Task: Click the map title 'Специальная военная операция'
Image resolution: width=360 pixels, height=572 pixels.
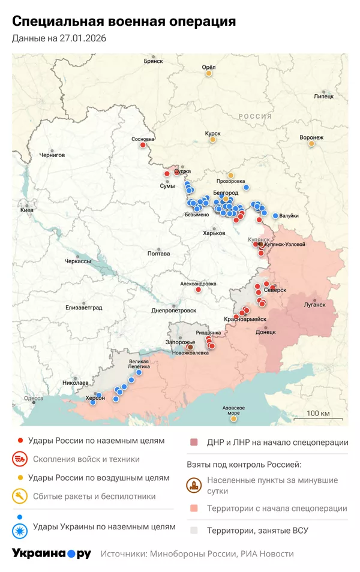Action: coord(124,22)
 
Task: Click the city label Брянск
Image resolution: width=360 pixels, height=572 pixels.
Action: coord(154,61)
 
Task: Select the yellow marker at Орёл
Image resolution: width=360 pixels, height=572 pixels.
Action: coord(209,74)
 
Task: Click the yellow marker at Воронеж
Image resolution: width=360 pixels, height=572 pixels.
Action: coord(311,143)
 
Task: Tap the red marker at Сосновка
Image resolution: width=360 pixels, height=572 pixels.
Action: coord(143,144)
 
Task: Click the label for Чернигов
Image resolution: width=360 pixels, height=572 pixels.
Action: coord(52,155)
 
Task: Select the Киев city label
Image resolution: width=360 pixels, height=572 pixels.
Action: coord(27,210)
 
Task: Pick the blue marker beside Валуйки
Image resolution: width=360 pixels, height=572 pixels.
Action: coord(275,216)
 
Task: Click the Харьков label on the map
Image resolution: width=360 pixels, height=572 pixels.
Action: coord(214,233)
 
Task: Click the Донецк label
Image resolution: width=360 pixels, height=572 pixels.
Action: coord(266,331)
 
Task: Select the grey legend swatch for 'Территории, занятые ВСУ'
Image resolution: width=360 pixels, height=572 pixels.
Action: coord(193,530)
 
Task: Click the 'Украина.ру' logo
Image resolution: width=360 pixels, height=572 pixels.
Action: coord(52,553)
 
